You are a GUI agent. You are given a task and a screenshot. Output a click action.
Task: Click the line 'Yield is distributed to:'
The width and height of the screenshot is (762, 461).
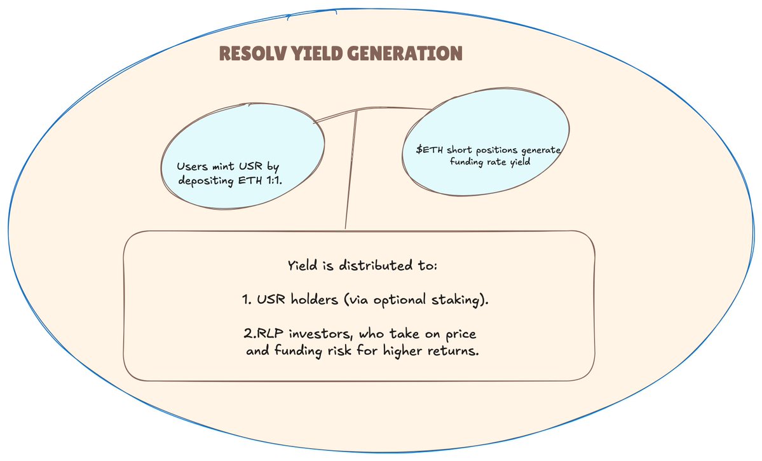[362, 265]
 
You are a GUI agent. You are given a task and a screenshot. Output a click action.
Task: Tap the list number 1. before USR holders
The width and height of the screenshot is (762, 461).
[247, 299]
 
